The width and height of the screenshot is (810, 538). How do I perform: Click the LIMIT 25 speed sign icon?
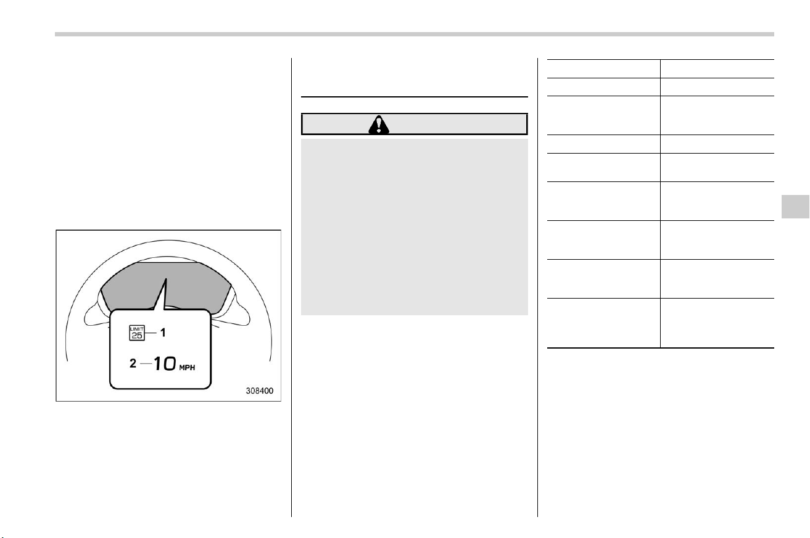coord(137,333)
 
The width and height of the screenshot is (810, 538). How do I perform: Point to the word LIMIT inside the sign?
coord(137,329)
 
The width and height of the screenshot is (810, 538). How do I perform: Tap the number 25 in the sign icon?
coord(137,336)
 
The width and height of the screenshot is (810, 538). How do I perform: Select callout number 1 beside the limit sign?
coord(163,333)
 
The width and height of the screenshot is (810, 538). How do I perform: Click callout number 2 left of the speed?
coord(133,363)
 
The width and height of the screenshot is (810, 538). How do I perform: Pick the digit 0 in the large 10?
coord(169,363)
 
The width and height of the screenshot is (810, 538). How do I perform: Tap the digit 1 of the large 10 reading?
coord(158,363)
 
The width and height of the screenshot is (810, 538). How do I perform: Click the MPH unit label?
coord(187,368)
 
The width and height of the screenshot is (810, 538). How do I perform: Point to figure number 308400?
coord(259,391)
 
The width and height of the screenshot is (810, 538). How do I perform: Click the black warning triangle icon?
coord(379,125)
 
